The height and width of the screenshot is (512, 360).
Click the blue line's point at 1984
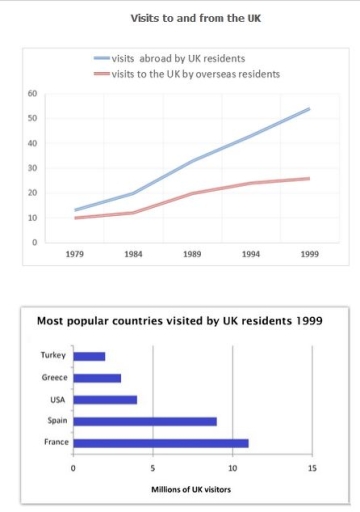(133, 193)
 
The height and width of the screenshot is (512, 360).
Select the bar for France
(161, 443)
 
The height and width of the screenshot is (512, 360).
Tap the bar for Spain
(145, 421)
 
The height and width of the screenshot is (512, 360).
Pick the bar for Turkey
(89, 356)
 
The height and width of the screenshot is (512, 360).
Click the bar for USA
(105, 400)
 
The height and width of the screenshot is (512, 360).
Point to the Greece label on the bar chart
(56, 378)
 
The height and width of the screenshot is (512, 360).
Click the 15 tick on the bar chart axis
(312, 467)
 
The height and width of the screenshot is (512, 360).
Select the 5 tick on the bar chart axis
(153, 467)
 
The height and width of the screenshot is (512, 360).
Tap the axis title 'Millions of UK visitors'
(193, 489)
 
